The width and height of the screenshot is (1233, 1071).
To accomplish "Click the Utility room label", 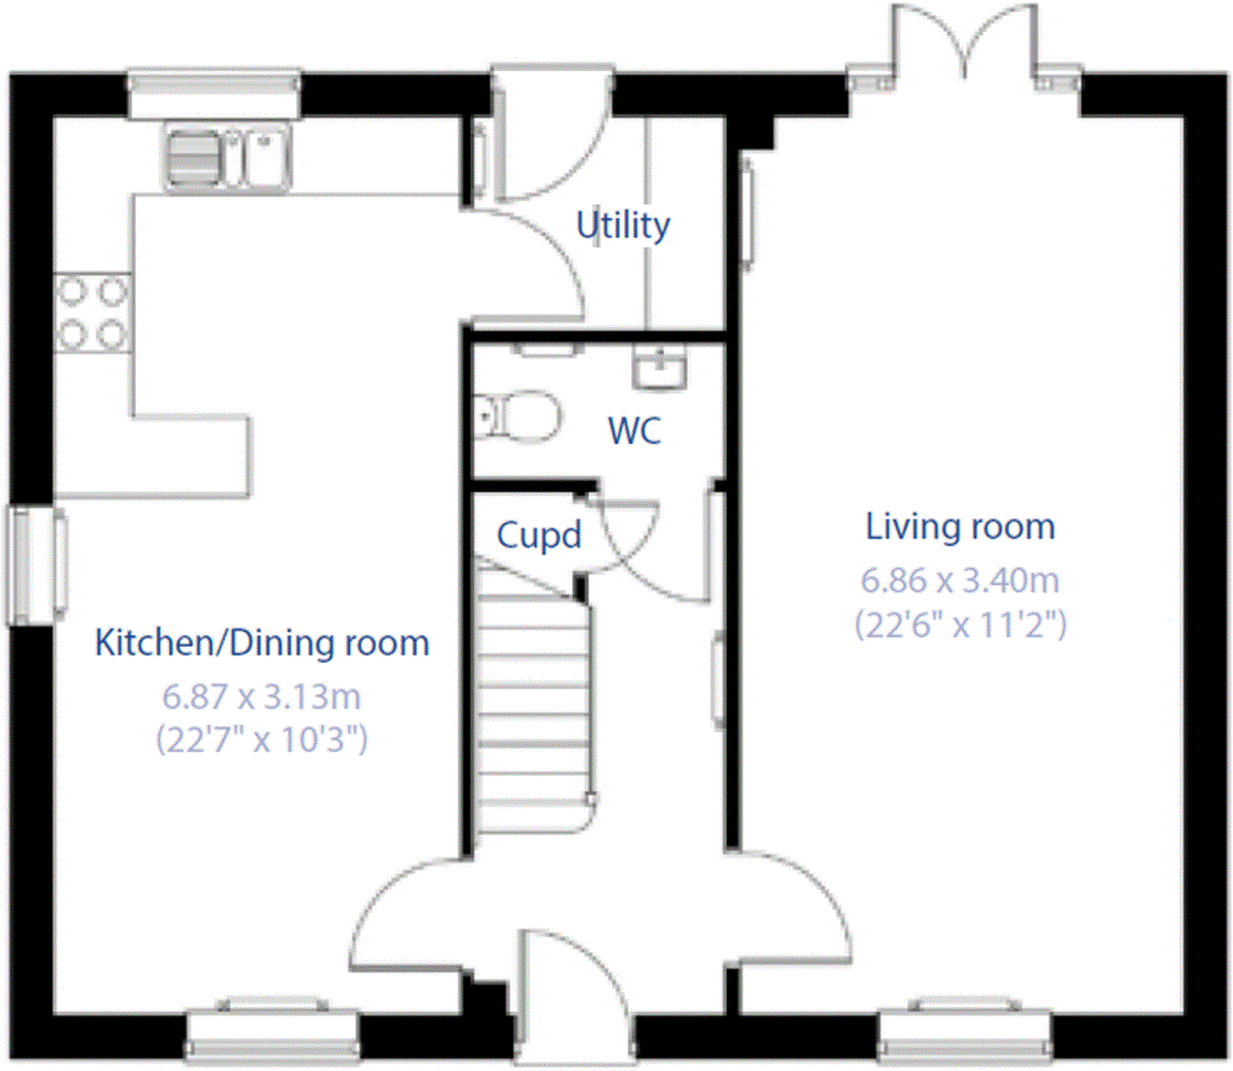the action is coord(623,226).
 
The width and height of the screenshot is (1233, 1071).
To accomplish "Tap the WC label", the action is coord(635,430).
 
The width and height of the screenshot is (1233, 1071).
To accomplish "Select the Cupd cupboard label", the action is coord(539,535).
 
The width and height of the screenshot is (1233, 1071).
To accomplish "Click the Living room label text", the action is coord(960,527).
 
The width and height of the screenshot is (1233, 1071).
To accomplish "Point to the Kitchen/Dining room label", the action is coord(262,643).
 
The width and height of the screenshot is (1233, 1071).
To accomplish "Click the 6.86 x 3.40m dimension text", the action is coord(959,581).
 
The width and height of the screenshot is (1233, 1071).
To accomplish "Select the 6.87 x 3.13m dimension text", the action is coord(261,697).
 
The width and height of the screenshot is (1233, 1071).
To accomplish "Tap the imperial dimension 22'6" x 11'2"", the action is coord(961,625).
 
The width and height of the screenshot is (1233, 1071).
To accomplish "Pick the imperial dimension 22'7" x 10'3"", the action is coord(261,740).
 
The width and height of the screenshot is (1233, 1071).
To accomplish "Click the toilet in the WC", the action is coord(517,416).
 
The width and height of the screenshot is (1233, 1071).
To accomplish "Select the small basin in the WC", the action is coord(660,366).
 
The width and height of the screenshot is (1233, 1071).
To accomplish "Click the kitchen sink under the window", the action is coord(227,159).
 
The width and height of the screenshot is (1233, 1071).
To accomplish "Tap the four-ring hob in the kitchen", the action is coord(93,312).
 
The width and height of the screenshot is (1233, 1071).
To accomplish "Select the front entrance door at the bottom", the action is coord(575,996).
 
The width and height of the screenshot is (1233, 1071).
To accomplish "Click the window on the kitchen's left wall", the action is coord(37,565).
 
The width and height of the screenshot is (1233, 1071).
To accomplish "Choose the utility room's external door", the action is coord(552,133).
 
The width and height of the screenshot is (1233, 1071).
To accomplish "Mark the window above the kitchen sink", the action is coord(215,94).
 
